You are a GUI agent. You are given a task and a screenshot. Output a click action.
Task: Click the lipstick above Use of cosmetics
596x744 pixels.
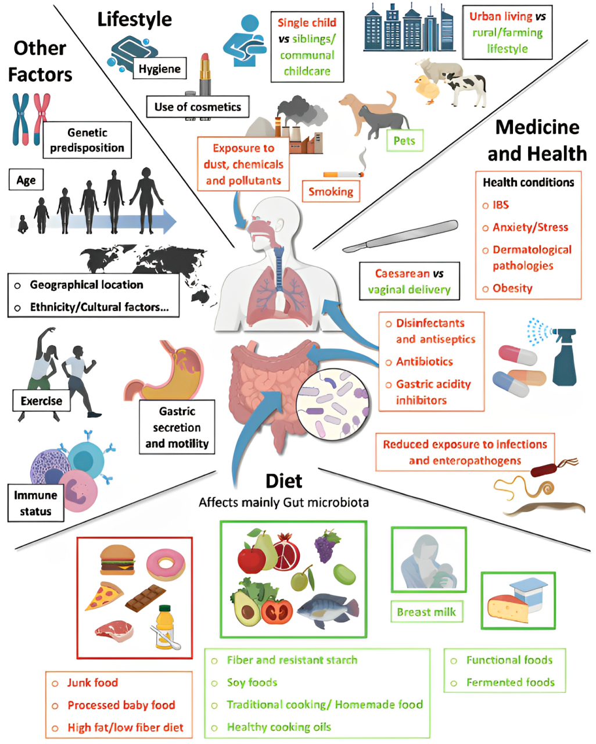(204, 73)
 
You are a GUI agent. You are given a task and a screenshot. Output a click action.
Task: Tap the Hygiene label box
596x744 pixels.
(159, 69)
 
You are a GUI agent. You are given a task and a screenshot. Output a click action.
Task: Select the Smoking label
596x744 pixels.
(331, 191)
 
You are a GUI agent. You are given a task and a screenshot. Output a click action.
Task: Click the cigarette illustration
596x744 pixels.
(343, 174)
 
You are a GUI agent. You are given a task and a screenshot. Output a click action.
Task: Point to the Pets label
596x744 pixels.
(404, 141)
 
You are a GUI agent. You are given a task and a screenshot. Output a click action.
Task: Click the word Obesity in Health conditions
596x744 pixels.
(512, 288)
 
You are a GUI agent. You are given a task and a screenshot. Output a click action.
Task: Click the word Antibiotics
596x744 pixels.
(424, 362)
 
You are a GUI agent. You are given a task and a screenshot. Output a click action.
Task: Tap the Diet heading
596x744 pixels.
(283, 481)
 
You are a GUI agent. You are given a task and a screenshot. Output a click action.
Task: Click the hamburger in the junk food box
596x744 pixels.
(117, 559)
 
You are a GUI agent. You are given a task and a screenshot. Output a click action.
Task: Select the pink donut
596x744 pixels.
(166, 564)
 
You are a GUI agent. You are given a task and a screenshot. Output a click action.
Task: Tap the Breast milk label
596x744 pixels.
(426, 611)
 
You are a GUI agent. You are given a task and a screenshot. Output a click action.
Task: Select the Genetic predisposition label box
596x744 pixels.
(87, 140)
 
